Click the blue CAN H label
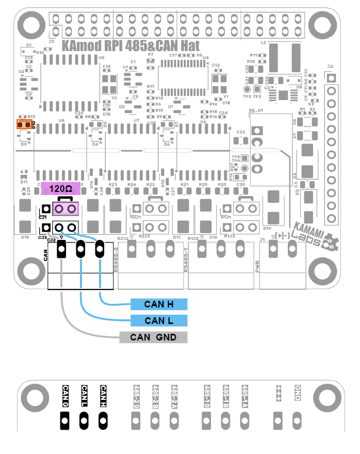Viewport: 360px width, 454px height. click(158, 304)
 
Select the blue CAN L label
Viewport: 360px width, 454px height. click(158, 321)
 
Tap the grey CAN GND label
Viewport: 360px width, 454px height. click(153, 337)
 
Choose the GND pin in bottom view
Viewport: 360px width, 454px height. click(297, 418)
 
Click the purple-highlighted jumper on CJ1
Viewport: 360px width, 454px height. click(66, 208)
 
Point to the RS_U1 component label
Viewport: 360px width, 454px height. click(256, 111)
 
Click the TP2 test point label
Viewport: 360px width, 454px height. click(247, 96)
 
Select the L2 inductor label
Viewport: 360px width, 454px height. click(263, 42)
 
